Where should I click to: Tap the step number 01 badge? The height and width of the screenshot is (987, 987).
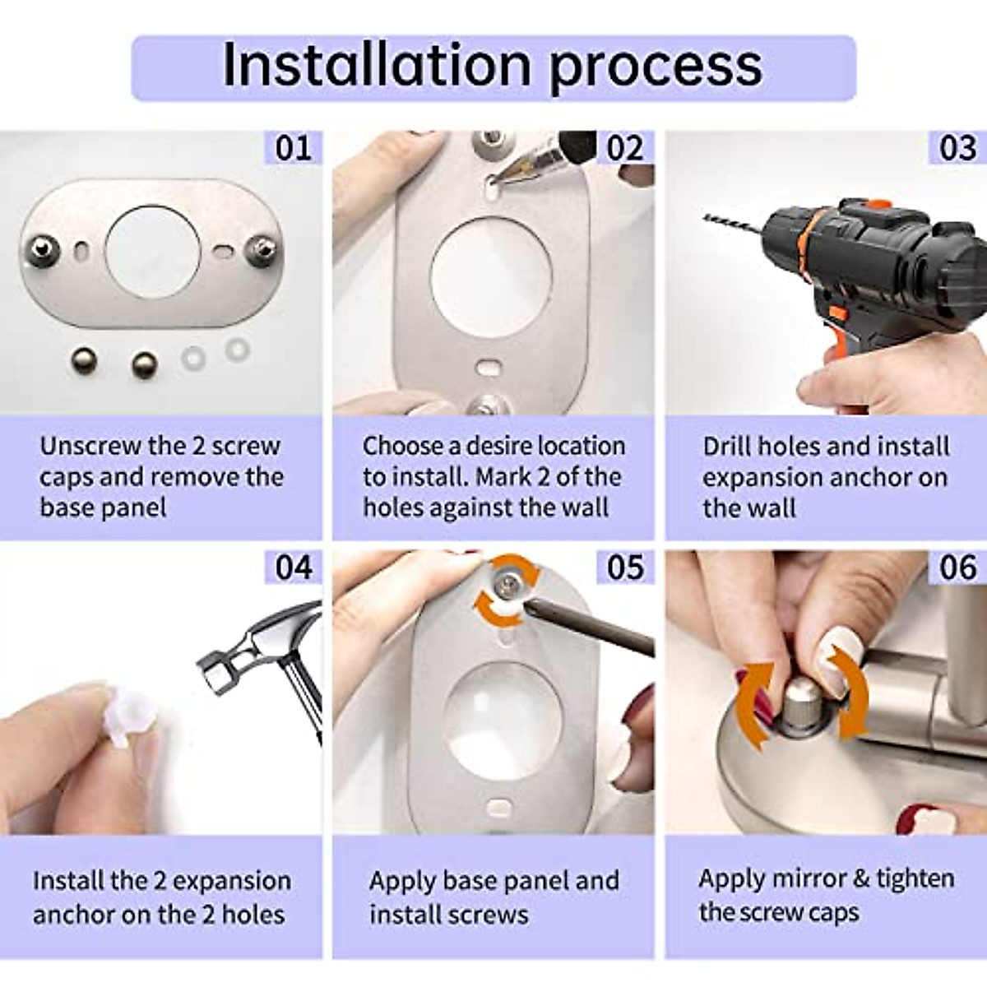click(x=294, y=148)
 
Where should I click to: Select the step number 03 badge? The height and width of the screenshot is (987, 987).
click(x=958, y=148)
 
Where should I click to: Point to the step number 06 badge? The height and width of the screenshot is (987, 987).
click(x=958, y=568)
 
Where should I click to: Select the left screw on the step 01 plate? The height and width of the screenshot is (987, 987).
click(x=42, y=247)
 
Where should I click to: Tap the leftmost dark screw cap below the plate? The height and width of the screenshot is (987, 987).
click(x=82, y=359)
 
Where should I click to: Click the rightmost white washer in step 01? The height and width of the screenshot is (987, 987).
click(x=237, y=349)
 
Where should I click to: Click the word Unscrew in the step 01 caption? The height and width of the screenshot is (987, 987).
click(x=90, y=446)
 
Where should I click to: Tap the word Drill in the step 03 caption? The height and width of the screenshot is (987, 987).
click(x=727, y=447)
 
